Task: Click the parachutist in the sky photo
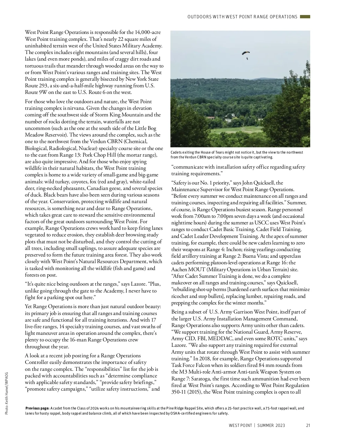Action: (x=246, y=55)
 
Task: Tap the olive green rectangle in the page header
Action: (x=305, y=17)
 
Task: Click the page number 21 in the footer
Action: (x=308, y=425)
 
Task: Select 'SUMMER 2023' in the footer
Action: (x=271, y=425)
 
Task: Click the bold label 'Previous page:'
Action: (x=37, y=408)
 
